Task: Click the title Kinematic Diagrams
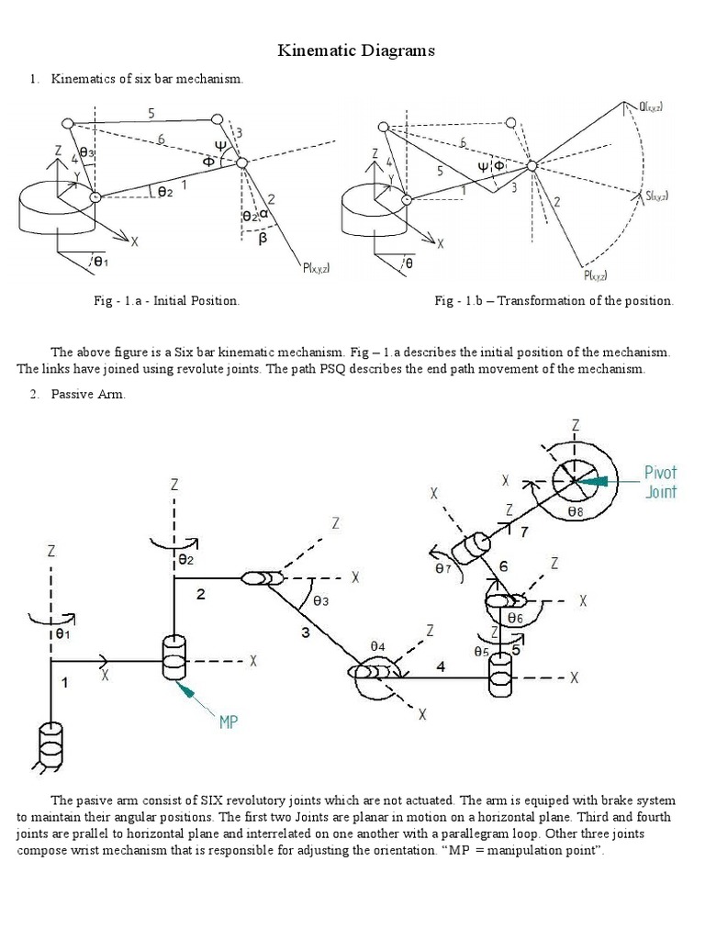point(356,51)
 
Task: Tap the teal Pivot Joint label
point(660,482)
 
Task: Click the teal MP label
point(229,722)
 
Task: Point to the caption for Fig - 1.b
point(554,301)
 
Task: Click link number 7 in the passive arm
point(523,532)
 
